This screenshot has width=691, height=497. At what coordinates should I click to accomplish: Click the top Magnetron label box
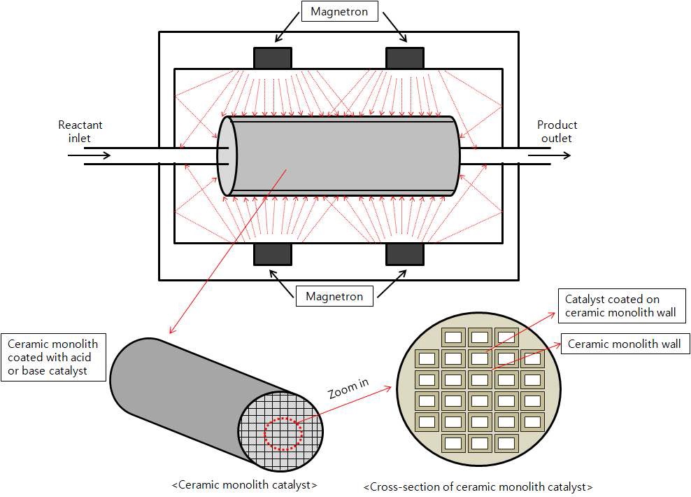click(338, 12)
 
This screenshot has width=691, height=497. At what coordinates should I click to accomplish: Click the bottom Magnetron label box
click(334, 296)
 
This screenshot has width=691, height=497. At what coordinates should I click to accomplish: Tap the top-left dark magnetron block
click(273, 57)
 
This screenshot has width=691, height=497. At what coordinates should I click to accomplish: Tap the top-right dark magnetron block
click(404, 57)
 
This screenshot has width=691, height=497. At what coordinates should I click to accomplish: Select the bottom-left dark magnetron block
click(272, 254)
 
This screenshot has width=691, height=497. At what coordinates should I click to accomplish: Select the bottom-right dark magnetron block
click(405, 254)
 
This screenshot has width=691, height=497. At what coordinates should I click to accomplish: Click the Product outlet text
click(557, 132)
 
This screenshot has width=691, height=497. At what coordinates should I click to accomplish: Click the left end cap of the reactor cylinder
click(227, 155)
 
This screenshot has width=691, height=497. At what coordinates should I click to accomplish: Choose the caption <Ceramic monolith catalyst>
click(244, 484)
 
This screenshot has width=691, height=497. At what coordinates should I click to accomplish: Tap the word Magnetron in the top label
click(338, 12)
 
